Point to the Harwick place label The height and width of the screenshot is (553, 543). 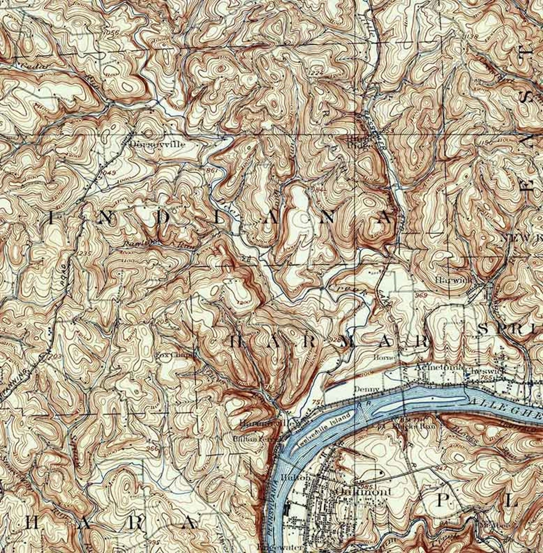click(452, 281)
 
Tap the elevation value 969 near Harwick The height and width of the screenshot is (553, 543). click(421, 296)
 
